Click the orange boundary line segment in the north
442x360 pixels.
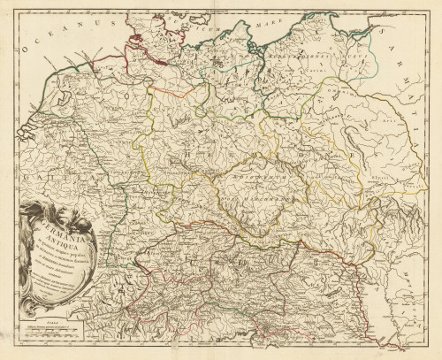pos(168,88)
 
